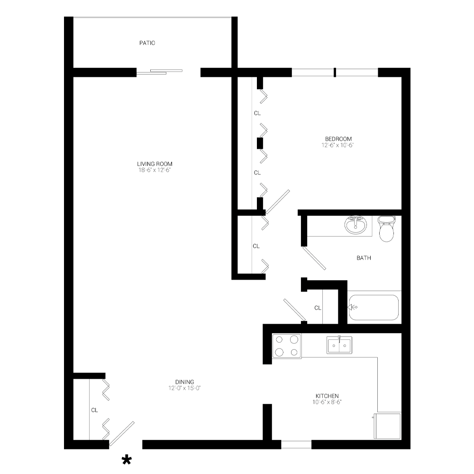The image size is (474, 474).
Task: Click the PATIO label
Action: click(x=147, y=43)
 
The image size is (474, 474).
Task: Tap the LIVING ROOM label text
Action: click(x=151, y=164)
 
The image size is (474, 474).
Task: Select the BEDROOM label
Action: click(x=338, y=139)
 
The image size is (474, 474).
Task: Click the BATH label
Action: click(x=364, y=258)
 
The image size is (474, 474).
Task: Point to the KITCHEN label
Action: click(x=327, y=396)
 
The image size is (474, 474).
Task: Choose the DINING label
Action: click(x=184, y=382)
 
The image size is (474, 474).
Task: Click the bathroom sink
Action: click(x=355, y=225)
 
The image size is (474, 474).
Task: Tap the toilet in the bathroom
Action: click(x=386, y=228)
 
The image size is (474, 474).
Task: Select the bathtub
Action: click(x=374, y=307)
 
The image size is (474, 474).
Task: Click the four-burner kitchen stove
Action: click(x=287, y=346)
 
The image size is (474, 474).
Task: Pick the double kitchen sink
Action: click(x=339, y=345)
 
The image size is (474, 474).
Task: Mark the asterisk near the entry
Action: click(x=127, y=460)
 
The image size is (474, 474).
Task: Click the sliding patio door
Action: click(x=159, y=72)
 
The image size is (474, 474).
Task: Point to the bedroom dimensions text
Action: click(x=338, y=146)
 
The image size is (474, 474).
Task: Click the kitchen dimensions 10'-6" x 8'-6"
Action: click(x=327, y=402)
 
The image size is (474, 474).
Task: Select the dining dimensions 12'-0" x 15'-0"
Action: click(x=184, y=388)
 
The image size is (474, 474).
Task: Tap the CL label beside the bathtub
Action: click(x=318, y=308)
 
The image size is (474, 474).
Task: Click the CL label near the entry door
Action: click(x=95, y=410)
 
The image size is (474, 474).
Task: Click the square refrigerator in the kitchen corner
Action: click(x=387, y=425)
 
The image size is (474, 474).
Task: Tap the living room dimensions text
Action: click(x=151, y=170)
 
